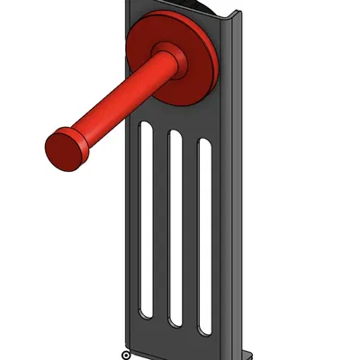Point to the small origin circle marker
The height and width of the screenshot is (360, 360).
point(125,355)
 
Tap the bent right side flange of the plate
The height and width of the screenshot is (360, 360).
point(232,180)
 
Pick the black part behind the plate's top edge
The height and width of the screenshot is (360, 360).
point(202,7)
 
